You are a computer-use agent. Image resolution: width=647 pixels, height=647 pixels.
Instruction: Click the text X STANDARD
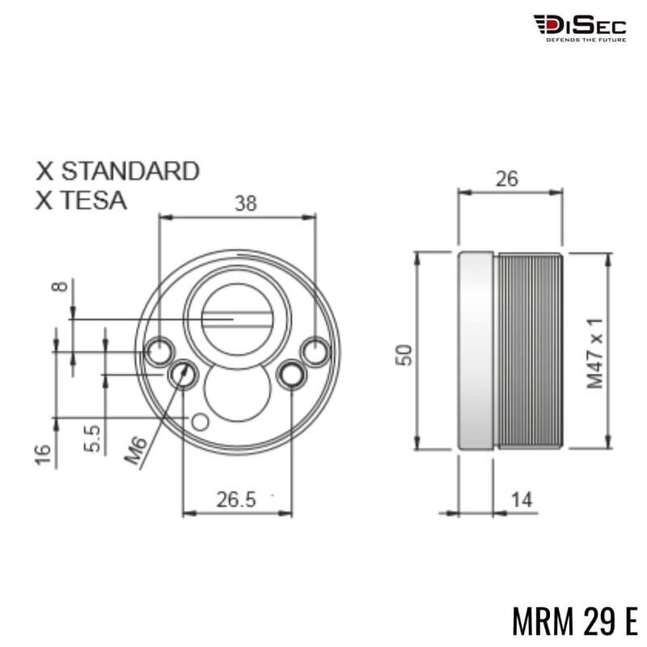point(117,171)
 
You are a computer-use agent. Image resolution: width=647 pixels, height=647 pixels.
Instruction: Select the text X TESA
point(81,200)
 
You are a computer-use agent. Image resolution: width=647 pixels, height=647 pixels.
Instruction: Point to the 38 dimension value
point(245,203)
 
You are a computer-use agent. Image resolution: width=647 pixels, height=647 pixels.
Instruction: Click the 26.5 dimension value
point(235,500)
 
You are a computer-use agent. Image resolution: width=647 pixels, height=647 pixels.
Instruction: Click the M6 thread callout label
point(137,449)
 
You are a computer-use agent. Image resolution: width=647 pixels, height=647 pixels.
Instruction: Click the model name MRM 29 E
point(574,620)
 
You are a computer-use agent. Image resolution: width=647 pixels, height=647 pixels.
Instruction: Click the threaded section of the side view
point(530,351)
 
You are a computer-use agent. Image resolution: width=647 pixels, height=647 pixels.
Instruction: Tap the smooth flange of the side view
point(477,351)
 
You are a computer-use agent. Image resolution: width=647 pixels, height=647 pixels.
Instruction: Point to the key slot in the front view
point(235,319)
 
